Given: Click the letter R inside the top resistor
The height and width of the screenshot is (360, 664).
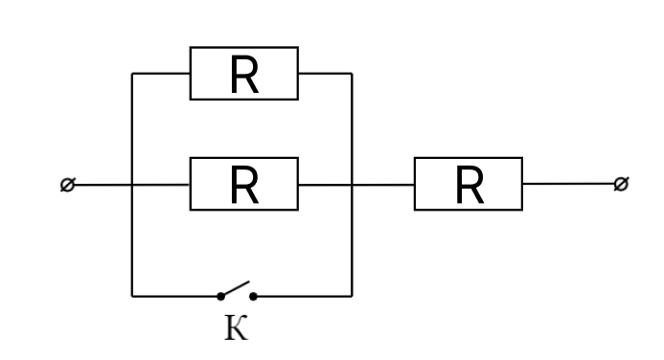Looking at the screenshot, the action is [x=244, y=75].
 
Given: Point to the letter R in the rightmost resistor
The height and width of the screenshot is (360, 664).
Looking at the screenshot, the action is [x=469, y=186].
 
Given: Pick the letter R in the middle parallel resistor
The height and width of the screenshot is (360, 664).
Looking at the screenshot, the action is [x=244, y=186].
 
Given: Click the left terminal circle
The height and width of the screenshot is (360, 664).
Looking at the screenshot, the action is [x=67, y=185].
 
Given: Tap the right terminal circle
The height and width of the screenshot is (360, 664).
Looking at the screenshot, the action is [x=621, y=184].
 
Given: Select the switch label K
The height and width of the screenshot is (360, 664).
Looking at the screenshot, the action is [x=236, y=327].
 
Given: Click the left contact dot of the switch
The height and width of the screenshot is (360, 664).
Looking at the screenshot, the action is [x=220, y=297].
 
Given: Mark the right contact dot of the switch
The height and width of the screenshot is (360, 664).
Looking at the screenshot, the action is [x=253, y=297].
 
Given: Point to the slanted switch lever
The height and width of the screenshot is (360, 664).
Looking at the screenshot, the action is [x=235, y=288].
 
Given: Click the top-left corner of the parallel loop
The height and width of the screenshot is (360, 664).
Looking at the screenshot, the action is [x=132, y=74].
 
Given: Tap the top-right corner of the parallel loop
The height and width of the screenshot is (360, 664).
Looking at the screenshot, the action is [x=352, y=74].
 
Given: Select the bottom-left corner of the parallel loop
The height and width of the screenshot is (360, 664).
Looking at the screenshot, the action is [x=132, y=297].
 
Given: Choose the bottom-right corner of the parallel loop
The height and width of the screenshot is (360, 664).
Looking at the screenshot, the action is [x=352, y=297].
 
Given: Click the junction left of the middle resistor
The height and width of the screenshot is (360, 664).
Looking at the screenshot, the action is [x=132, y=185].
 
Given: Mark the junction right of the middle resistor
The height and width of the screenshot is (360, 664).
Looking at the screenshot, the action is [x=352, y=185].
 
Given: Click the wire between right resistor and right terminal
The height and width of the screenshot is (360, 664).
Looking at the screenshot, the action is [x=568, y=184].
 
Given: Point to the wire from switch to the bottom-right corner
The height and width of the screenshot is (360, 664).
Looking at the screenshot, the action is [x=303, y=297].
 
